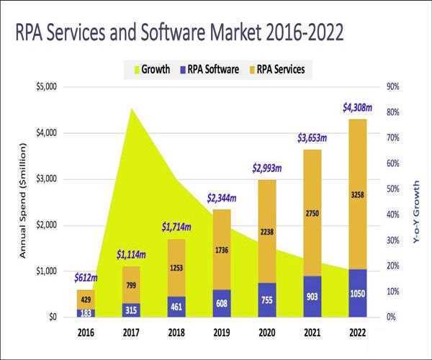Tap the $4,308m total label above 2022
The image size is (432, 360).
click(357, 108)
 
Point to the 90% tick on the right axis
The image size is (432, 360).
click(394, 87)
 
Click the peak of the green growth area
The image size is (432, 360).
click(131, 109)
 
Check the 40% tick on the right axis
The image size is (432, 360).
click(394, 215)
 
